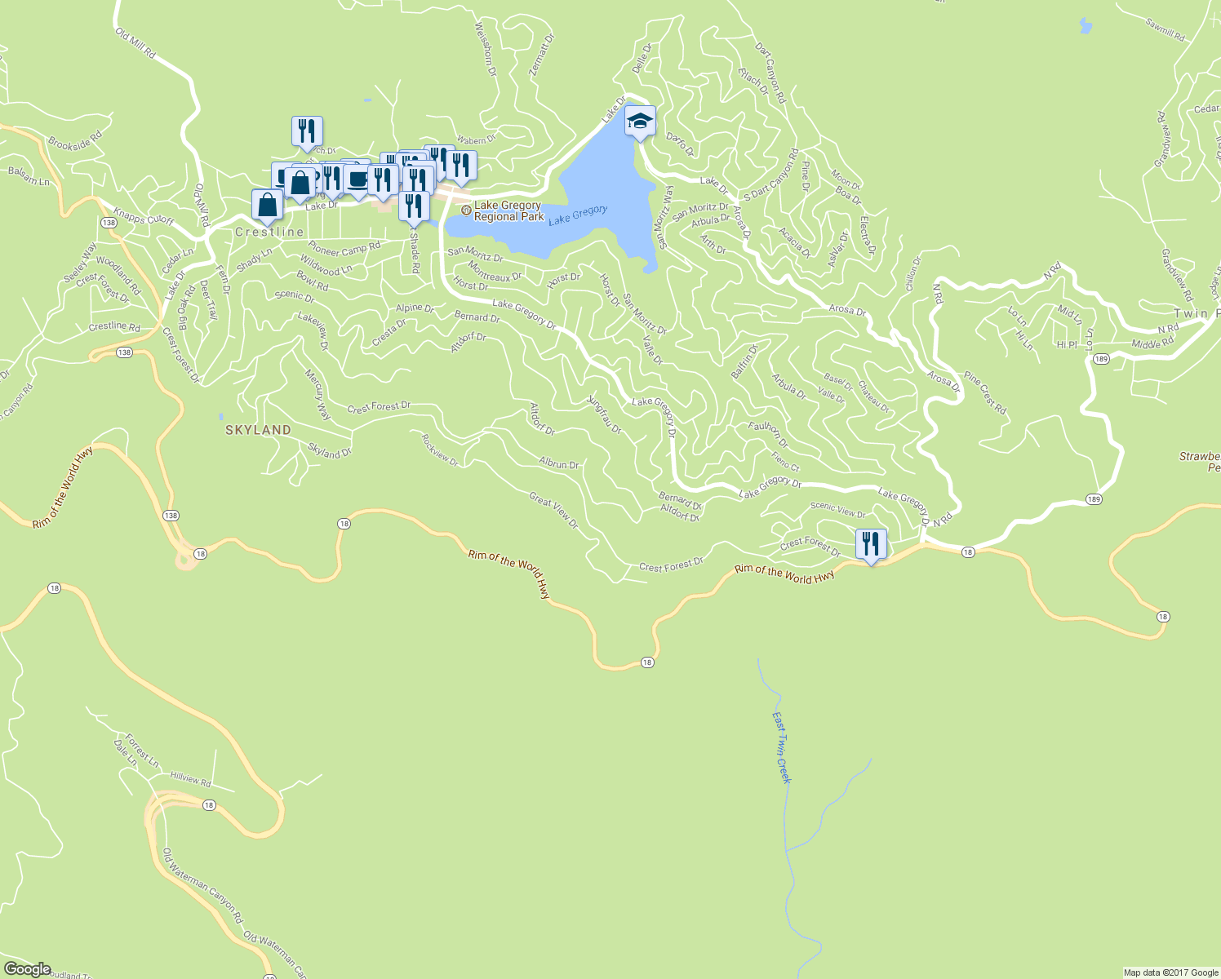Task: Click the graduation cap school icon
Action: point(641,122)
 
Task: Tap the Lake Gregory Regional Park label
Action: point(508,211)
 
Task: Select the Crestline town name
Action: point(269,233)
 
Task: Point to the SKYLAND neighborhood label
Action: point(259,430)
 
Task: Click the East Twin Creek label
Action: point(782,747)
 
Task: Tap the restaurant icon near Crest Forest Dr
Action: point(871,543)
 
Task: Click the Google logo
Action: point(28,968)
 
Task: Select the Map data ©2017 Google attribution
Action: point(1170,972)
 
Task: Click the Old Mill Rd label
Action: point(135,42)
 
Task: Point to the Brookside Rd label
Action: point(75,140)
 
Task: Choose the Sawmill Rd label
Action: point(1165,30)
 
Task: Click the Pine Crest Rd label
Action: point(985,393)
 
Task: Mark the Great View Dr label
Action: point(553,511)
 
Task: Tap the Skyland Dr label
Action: point(330,451)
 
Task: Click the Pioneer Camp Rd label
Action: point(344,248)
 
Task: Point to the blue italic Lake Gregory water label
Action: point(578,215)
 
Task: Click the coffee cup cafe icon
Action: point(357,179)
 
